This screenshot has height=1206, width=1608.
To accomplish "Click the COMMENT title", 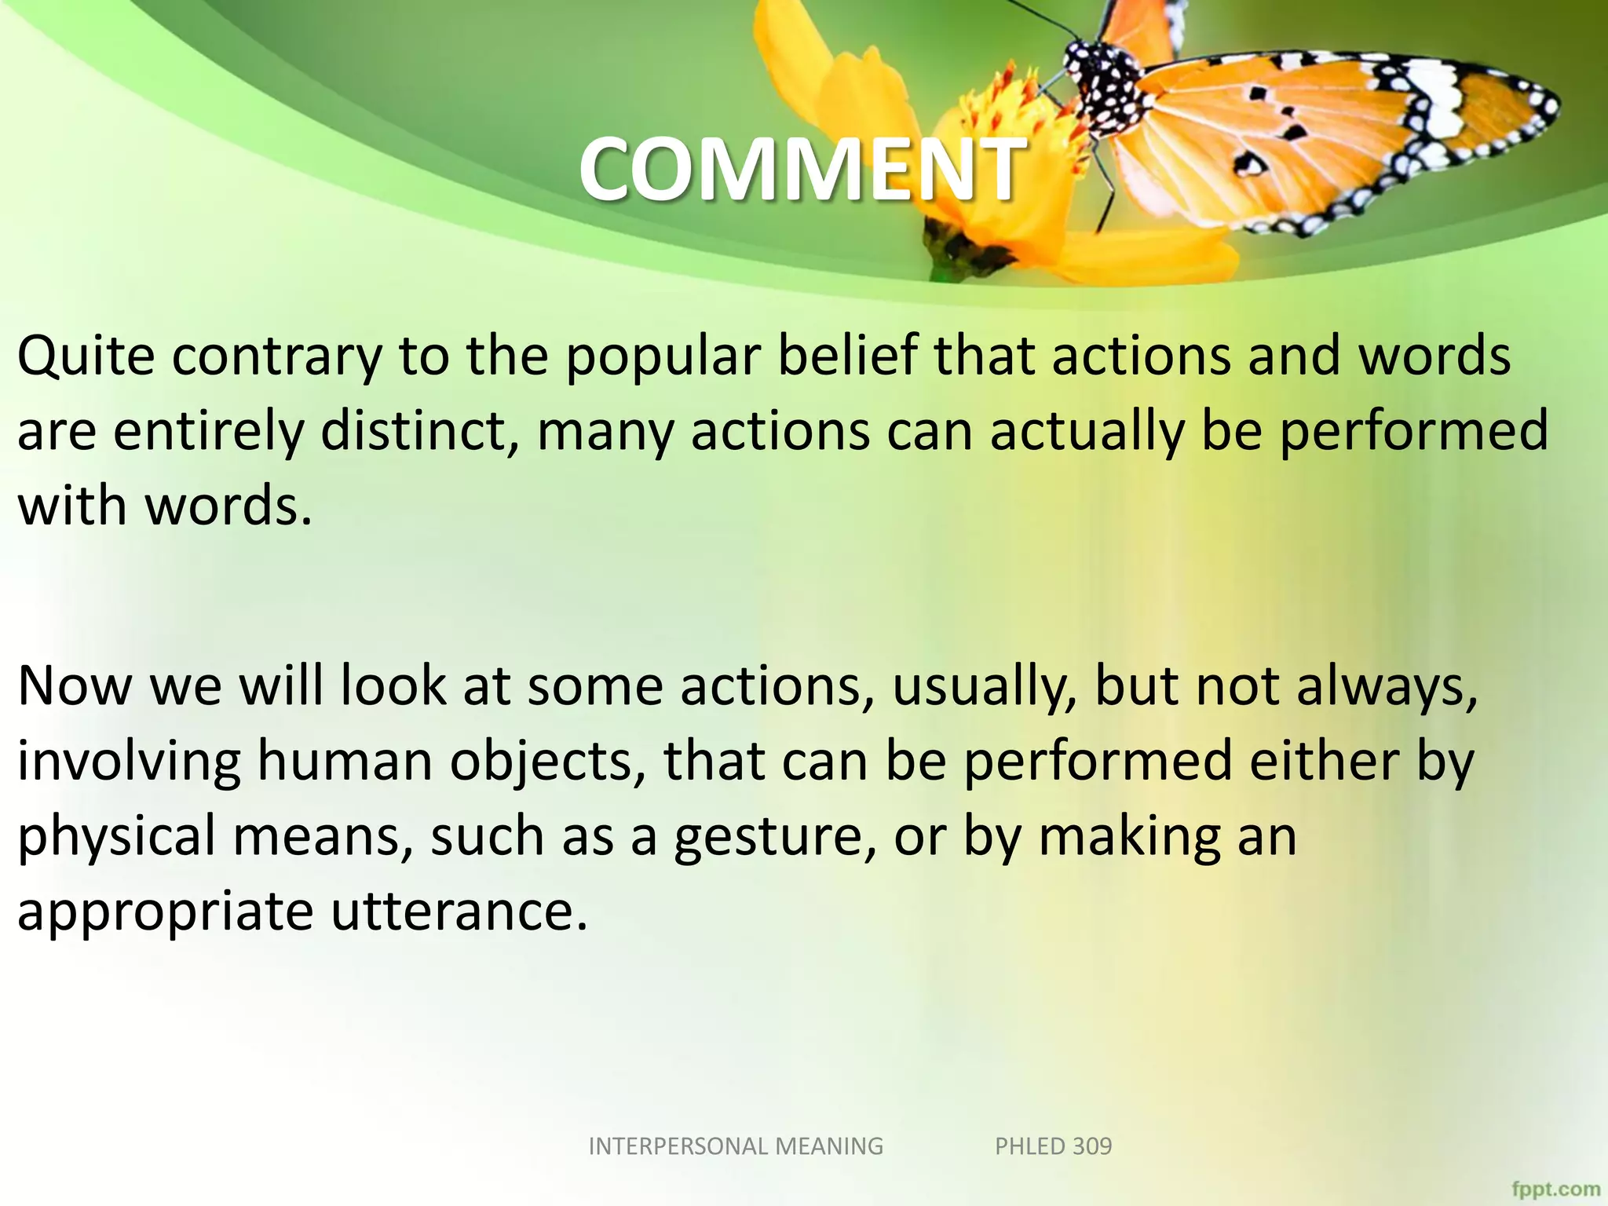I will (801, 169).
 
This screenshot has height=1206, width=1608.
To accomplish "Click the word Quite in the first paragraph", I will (86, 357).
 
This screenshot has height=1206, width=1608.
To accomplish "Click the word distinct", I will (419, 431).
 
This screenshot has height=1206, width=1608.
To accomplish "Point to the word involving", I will (130, 762).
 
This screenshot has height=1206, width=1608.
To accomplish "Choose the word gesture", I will (774, 837).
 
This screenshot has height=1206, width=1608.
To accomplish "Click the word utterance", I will (459, 911).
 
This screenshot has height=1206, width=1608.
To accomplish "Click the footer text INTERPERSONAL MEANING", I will (736, 1146).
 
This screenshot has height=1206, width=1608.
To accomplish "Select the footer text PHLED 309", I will (1053, 1146).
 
